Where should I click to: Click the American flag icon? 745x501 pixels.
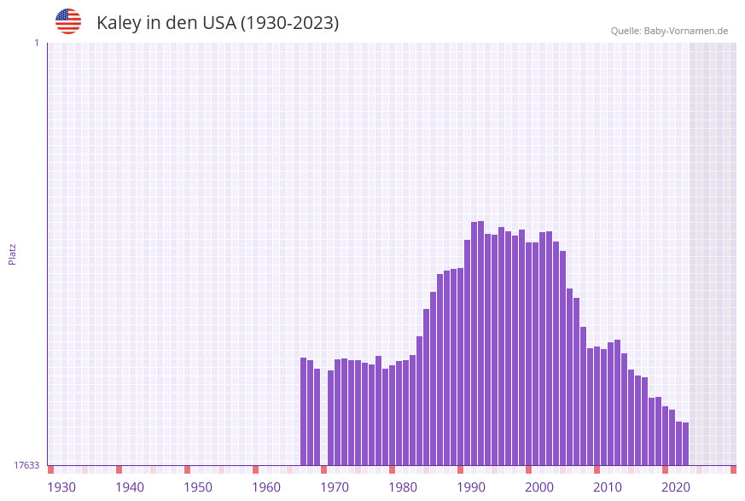click(x=68, y=21)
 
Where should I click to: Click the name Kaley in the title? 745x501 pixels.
click(x=119, y=23)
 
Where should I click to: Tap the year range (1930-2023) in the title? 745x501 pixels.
click(x=289, y=23)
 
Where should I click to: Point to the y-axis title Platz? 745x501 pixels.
click(x=13, y=253)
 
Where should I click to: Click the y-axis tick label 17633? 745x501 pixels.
click(x=26, y=465)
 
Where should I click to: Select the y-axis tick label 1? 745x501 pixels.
click(x=36, y=43)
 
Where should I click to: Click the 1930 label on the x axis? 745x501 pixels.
click(x=61, y=487)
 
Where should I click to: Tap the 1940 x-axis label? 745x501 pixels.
click(x=130, y=487)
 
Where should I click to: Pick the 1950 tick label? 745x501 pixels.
click(x=198, y=487)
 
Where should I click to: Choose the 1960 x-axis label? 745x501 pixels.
click(x=266, y=487)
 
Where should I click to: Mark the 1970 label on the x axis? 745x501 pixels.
click(x=335, y=487)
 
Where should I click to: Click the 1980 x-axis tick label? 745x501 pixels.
click(x=403, y=487)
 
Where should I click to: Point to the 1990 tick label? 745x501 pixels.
click(x=471, y=487)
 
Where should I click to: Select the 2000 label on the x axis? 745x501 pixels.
click(x=539, y=487)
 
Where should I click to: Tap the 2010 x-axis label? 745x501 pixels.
click(x=608, y=487)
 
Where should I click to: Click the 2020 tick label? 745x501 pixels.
click(x=676, y=487)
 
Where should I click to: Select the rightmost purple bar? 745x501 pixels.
click(x=685, y=444)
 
